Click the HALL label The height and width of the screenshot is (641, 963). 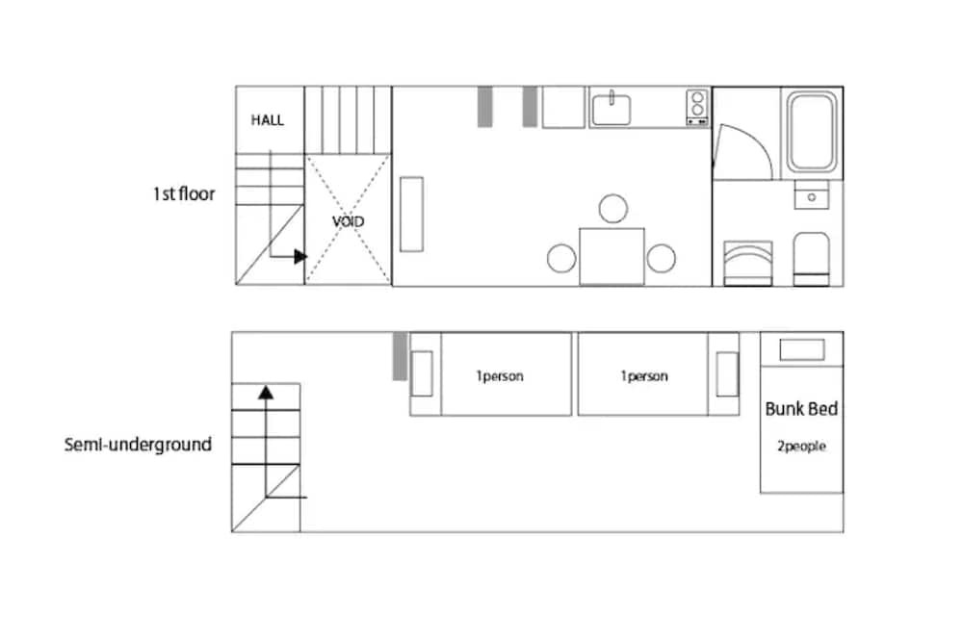point(267,119)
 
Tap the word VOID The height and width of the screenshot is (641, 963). point(349,221)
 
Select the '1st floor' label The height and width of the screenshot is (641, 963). point(184,194)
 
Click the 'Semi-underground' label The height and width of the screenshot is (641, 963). point(138,445)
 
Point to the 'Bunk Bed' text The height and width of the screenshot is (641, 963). point(801,409)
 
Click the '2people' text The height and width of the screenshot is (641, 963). point(801,447)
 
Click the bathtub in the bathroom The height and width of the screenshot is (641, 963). point(812,132)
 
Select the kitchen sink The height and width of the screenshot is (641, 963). point(612,110)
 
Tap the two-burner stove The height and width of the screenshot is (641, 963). point(697,108)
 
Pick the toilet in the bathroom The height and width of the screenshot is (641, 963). point(811,259)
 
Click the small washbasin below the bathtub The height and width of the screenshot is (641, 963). point(811,195)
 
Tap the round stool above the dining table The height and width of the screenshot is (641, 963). point(612,209)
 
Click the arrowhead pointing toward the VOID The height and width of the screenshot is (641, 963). point(300,257)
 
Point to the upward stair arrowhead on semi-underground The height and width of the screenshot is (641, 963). point(266,393)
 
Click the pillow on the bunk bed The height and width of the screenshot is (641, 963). point(802,350)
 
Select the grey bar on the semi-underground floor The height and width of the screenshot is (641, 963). point(400,356)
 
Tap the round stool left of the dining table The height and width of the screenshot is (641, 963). point(561,258)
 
